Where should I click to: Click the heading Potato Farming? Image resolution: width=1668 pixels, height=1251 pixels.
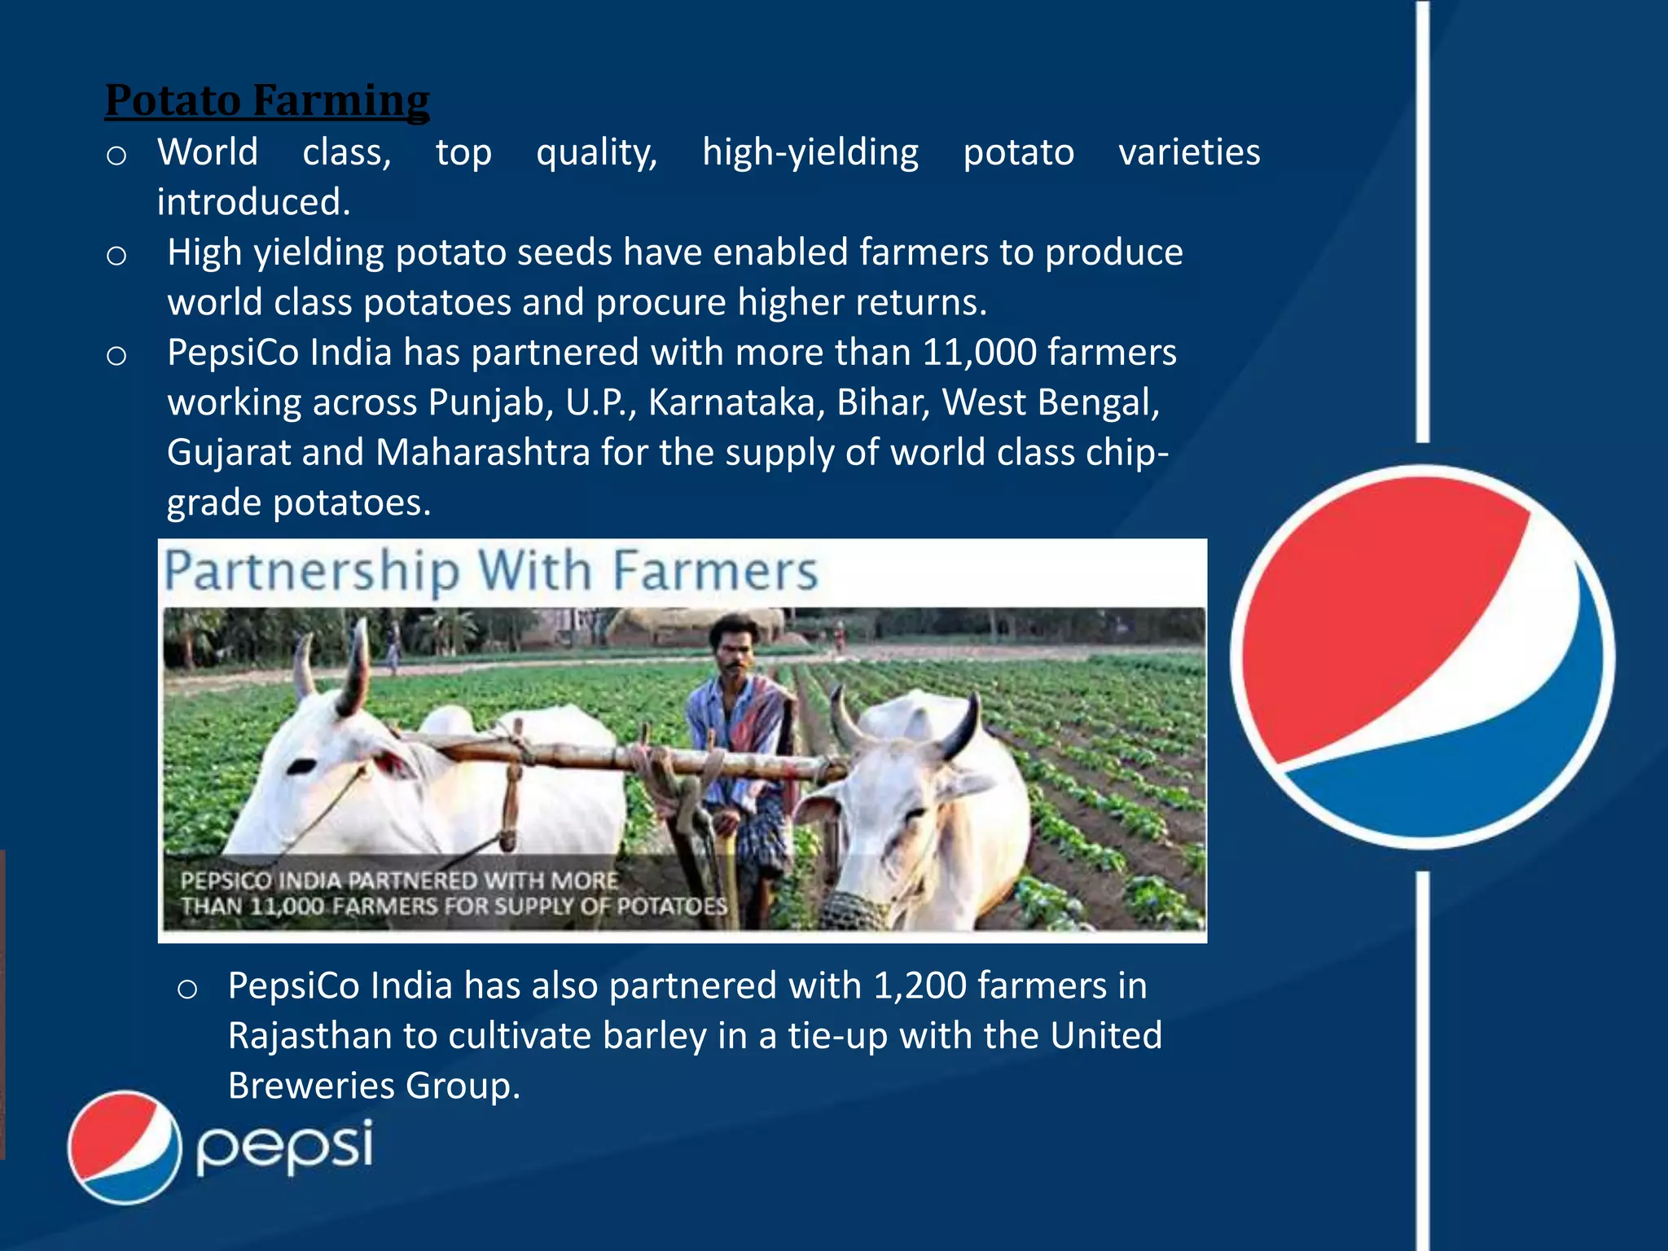point(267,101)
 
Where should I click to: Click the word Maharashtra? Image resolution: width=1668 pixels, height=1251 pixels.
point(483,453)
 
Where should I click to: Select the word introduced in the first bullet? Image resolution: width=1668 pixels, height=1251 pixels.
point(252,202)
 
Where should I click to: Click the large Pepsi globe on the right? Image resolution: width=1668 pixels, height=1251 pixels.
point(1422,656)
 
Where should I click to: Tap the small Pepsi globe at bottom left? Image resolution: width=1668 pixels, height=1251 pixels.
point(125,1147)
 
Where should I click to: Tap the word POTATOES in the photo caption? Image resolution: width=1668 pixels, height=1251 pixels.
point(671,906)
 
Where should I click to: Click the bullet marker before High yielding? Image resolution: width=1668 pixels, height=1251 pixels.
point(116,256)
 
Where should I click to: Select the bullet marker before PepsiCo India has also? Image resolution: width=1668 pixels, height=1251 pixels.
point(187,989)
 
